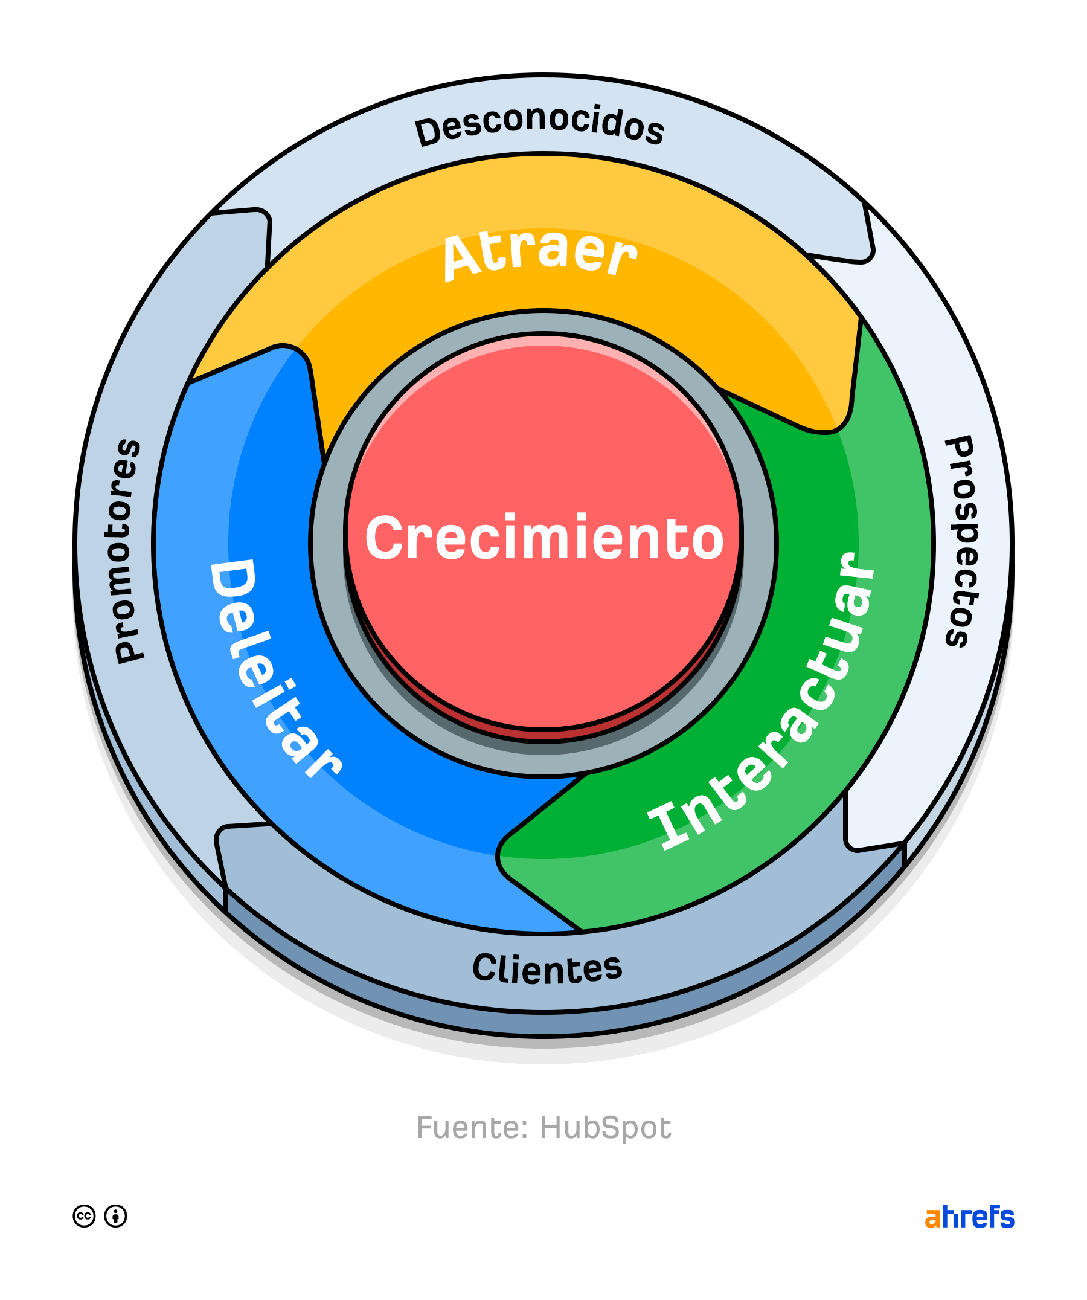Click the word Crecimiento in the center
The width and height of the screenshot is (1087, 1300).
(x=545, y=537)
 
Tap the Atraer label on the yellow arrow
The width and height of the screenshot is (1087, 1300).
(x=539, y=255)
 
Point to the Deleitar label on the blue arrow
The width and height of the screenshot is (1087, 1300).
(x=272, y=666)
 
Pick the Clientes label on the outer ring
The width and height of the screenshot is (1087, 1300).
(x=547, y=969)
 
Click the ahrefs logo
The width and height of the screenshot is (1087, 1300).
(x=969, y=1217)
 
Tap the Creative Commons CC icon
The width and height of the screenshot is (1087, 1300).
(x=84, y=1217)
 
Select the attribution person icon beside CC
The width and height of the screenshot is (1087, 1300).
(x=116, y=1217)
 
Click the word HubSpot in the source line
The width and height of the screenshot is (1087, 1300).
(x=606, y=1128)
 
